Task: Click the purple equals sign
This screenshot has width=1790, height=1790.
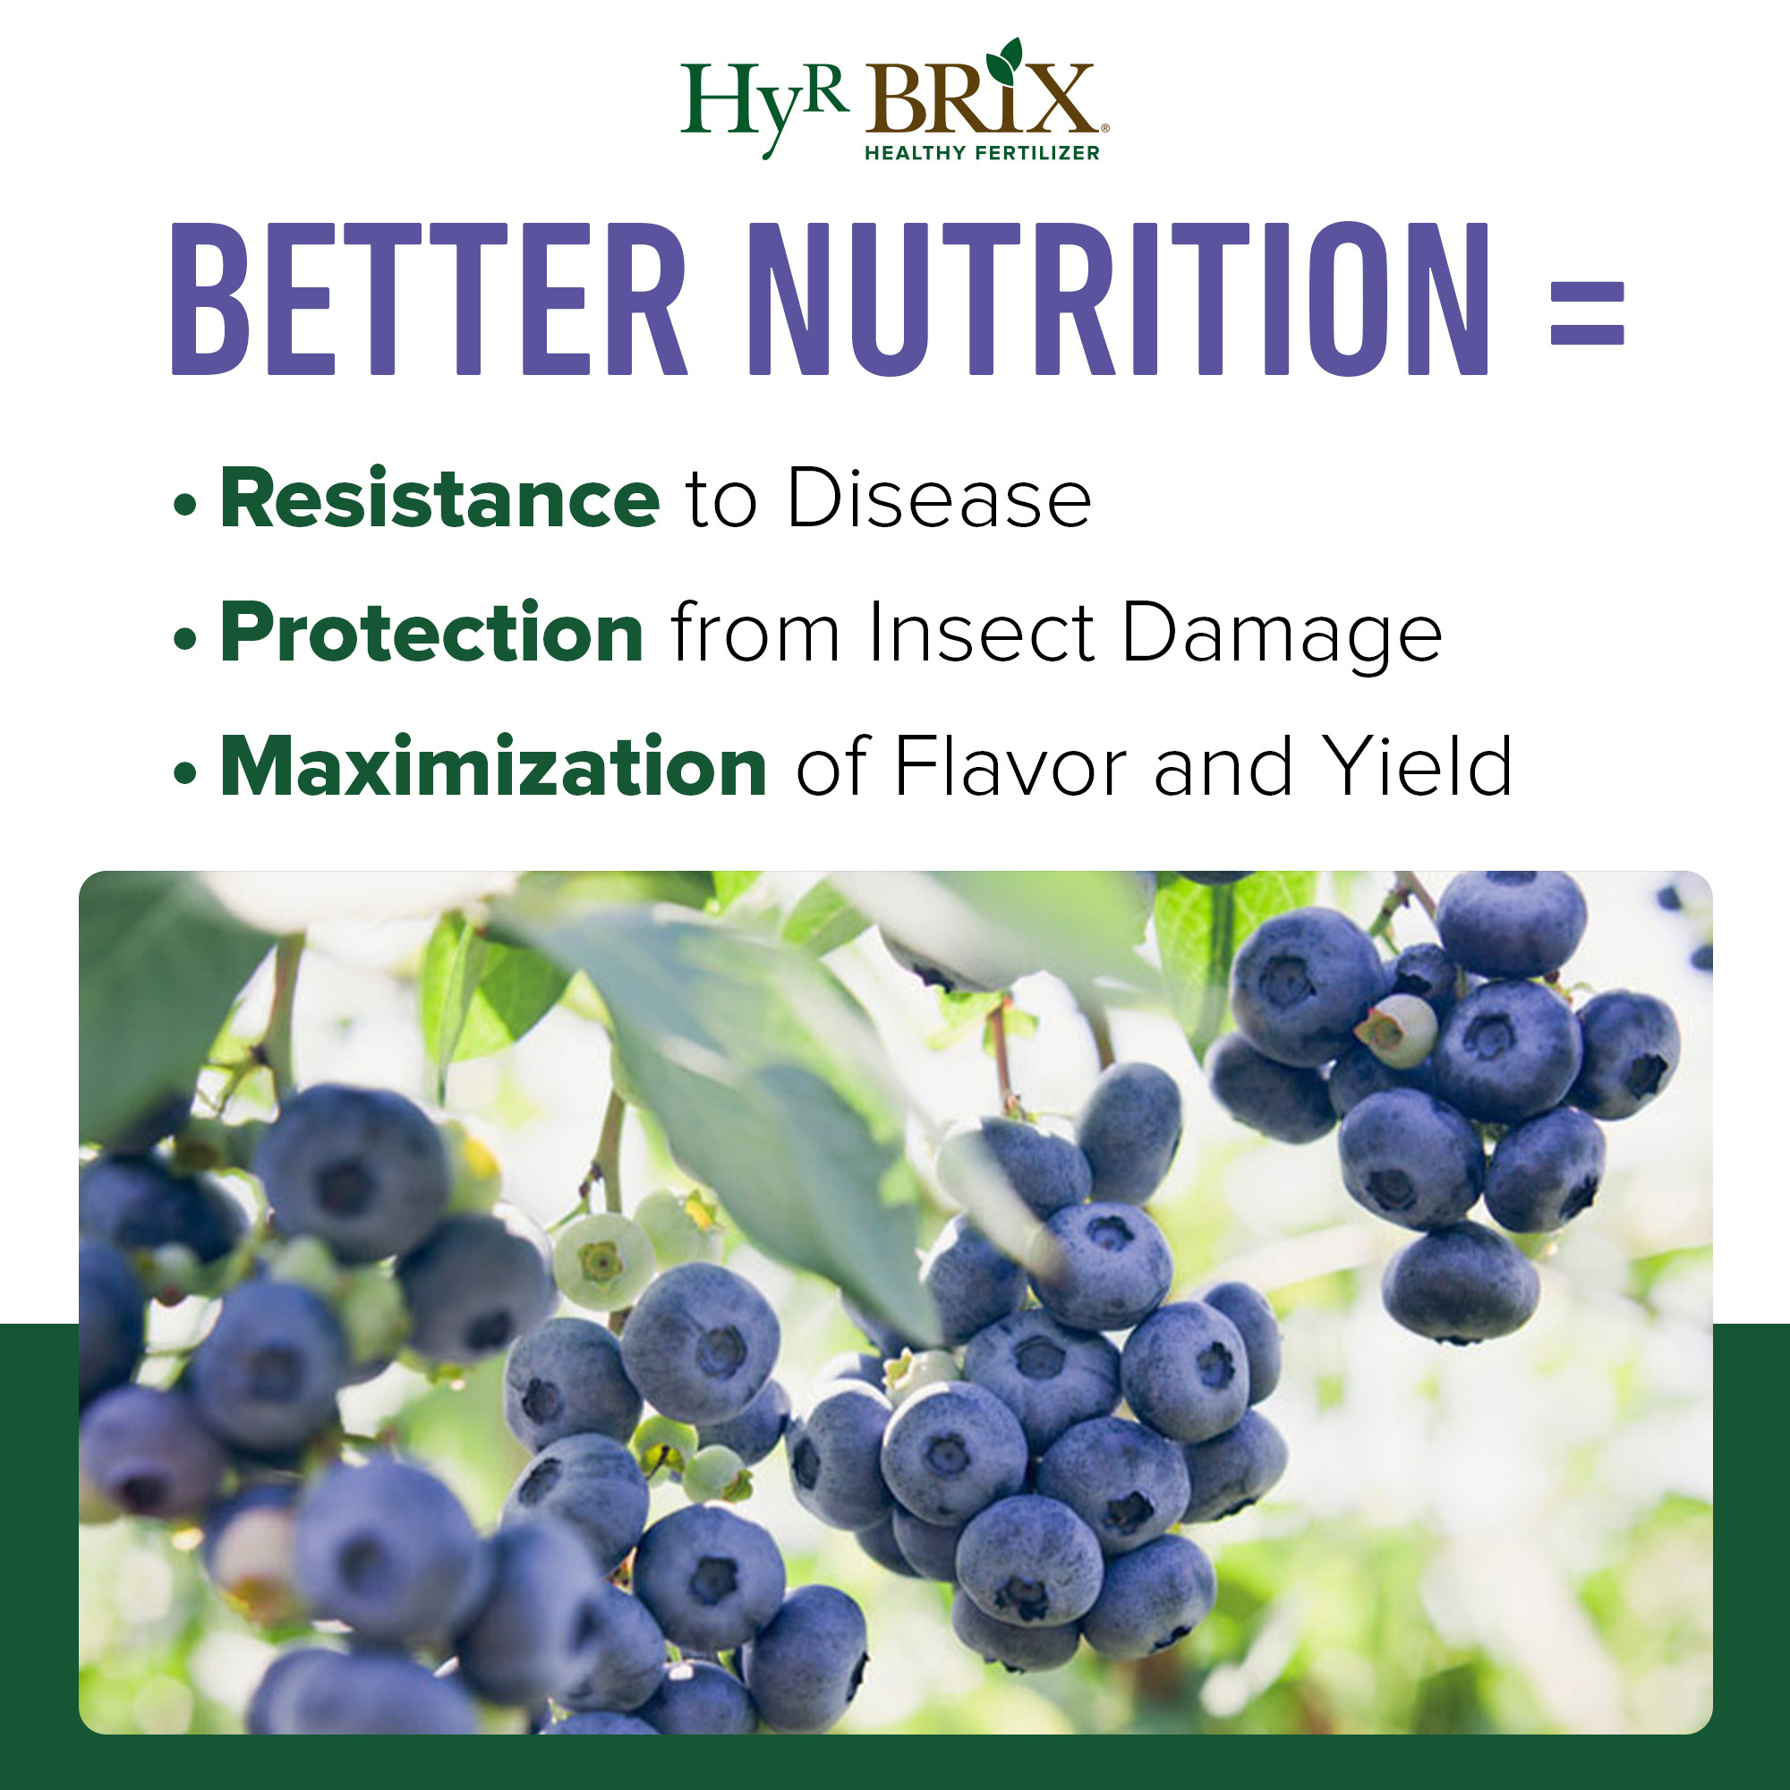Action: (x=1587, y=313)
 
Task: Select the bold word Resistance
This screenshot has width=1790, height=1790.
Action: (x=439, y=499)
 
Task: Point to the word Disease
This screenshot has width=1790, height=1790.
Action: (x=939, y=499)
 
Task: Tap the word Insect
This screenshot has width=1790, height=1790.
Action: (x=981, y=634)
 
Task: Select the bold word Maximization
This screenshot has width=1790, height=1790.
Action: (x=494, y=766)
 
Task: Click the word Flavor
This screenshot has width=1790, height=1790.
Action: (x=1010, y=766)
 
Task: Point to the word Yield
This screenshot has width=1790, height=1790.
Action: (x=1417, y=766)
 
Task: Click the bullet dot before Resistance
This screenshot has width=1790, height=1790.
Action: (x=185, y=505)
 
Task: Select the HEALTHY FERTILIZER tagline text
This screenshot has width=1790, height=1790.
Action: (x=981, y=153)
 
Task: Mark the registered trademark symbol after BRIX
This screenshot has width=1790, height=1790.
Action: (x=1104, y=129)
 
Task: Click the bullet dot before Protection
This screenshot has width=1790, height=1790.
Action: (x=185, y=638)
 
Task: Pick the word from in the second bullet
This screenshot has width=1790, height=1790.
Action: (x=755, y=634)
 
